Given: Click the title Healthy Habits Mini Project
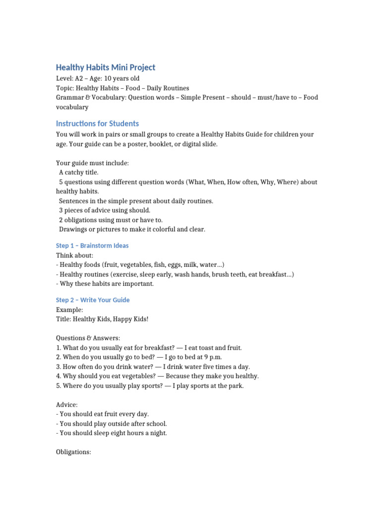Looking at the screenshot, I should coord(105,67).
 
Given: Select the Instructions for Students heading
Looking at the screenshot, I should coord(97,124).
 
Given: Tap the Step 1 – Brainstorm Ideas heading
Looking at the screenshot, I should coord(92,246).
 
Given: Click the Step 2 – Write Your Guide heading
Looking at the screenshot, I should coord(93,300).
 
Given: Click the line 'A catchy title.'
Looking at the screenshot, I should coord(79,173).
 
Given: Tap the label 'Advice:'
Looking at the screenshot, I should coord(67,405).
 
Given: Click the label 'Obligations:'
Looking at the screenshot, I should coord(73,452).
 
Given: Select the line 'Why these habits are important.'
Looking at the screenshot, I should coord(107,284).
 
